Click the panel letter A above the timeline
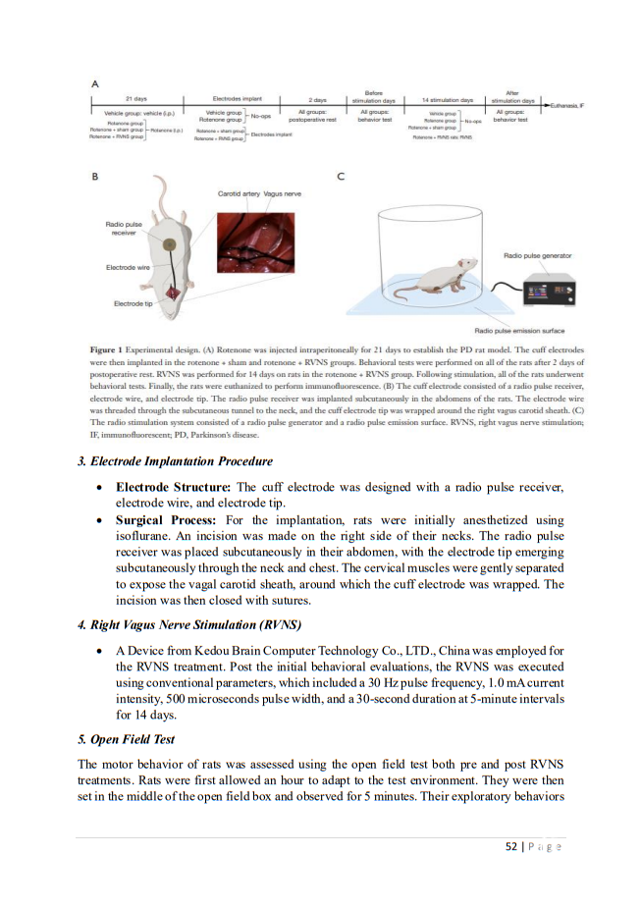tap(94, 84)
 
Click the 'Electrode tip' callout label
tap(134, 303)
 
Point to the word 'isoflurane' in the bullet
tap(145, 535)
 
